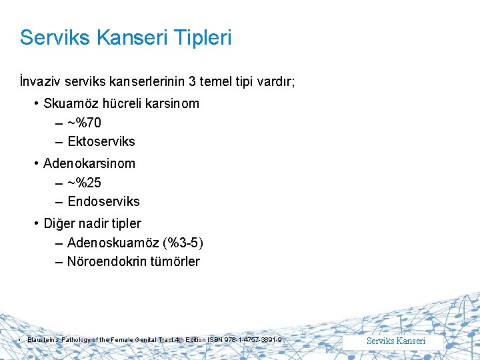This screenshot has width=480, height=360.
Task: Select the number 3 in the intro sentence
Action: pos(192,81)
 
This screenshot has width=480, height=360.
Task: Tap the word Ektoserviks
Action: pos(101,141)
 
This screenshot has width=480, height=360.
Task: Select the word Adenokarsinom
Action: pos(89,163)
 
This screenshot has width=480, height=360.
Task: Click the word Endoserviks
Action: pos(103,201)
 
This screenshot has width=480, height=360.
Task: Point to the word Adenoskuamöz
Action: pos(110,242)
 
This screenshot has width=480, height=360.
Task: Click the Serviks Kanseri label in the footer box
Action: pos(396,341)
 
